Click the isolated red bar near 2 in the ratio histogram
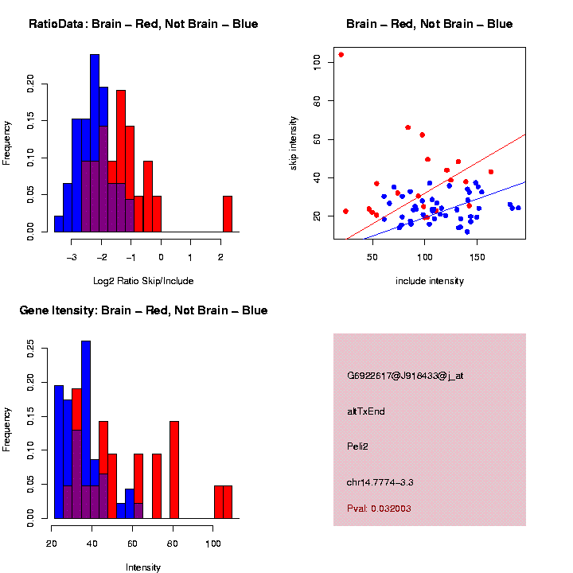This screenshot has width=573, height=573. (x=227, y=213)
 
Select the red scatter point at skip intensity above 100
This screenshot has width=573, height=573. (x=341, y=55)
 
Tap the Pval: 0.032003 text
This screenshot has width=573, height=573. (x=379, y=509)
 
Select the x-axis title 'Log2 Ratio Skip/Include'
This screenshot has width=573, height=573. (x=142, y=280)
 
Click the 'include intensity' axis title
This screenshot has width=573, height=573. (x=430, y=280)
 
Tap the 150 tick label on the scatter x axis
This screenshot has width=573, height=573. (x=477, y=257)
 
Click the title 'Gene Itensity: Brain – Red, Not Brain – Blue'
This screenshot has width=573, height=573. (x=143, y=310)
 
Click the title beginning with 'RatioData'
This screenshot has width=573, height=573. (x=143, y=24)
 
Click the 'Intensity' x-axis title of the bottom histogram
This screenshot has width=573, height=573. (x=143, y=567)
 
